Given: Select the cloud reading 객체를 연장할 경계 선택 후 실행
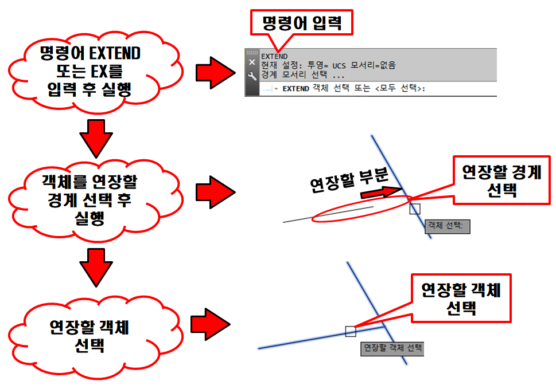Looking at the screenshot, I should click(x=90, y=199).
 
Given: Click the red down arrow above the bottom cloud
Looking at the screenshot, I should click(x=92, y=267).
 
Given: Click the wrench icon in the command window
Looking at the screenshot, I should click(x=252, y=76).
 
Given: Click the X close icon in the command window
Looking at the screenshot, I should click(x=252, y=61).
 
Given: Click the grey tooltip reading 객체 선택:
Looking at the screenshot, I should click(x=447, y=226).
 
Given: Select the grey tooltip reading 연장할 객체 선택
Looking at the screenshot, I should click(x=392, y=348).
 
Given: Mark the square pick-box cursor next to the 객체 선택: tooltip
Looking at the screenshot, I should click(x=415, y=209).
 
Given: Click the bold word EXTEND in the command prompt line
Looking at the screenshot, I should click(x=296, y=89).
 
